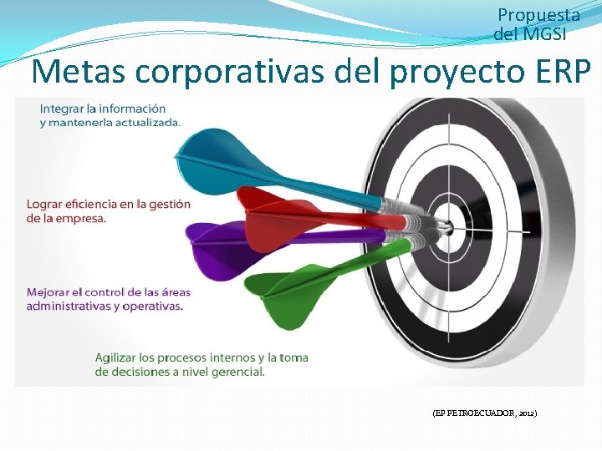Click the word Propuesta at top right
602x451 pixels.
click(x=538, y=15)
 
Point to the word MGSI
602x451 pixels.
click(x=543, y=34)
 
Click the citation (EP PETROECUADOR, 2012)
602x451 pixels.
click(x=484, y=413)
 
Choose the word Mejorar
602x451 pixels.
click(x=51, y=292)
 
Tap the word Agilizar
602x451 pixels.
click(x=121, y=357)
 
